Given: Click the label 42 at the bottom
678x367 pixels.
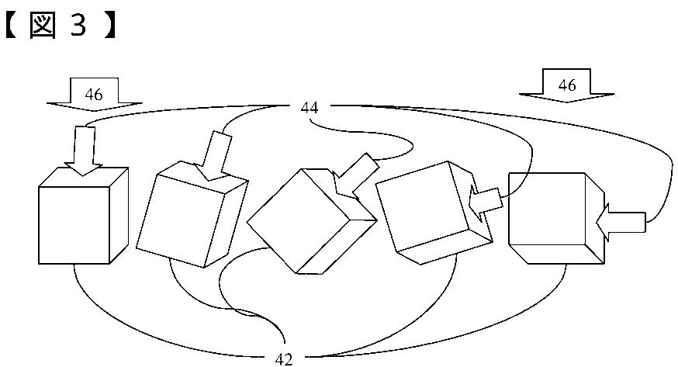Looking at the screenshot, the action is click(284, 358).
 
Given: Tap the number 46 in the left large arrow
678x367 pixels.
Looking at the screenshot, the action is click(94, 95).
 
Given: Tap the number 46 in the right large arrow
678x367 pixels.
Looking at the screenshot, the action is click(567, 85).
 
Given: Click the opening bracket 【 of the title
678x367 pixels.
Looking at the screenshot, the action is click(13, 27).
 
